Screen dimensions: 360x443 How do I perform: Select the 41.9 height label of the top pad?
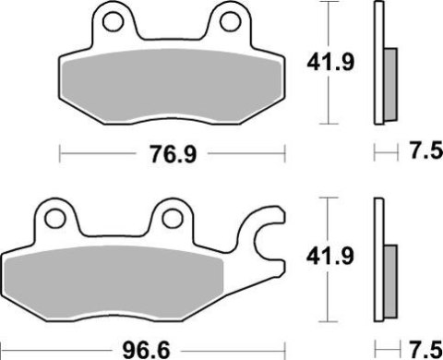(x=327, y=62)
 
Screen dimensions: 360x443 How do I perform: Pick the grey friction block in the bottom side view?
(x=389, y=274)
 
